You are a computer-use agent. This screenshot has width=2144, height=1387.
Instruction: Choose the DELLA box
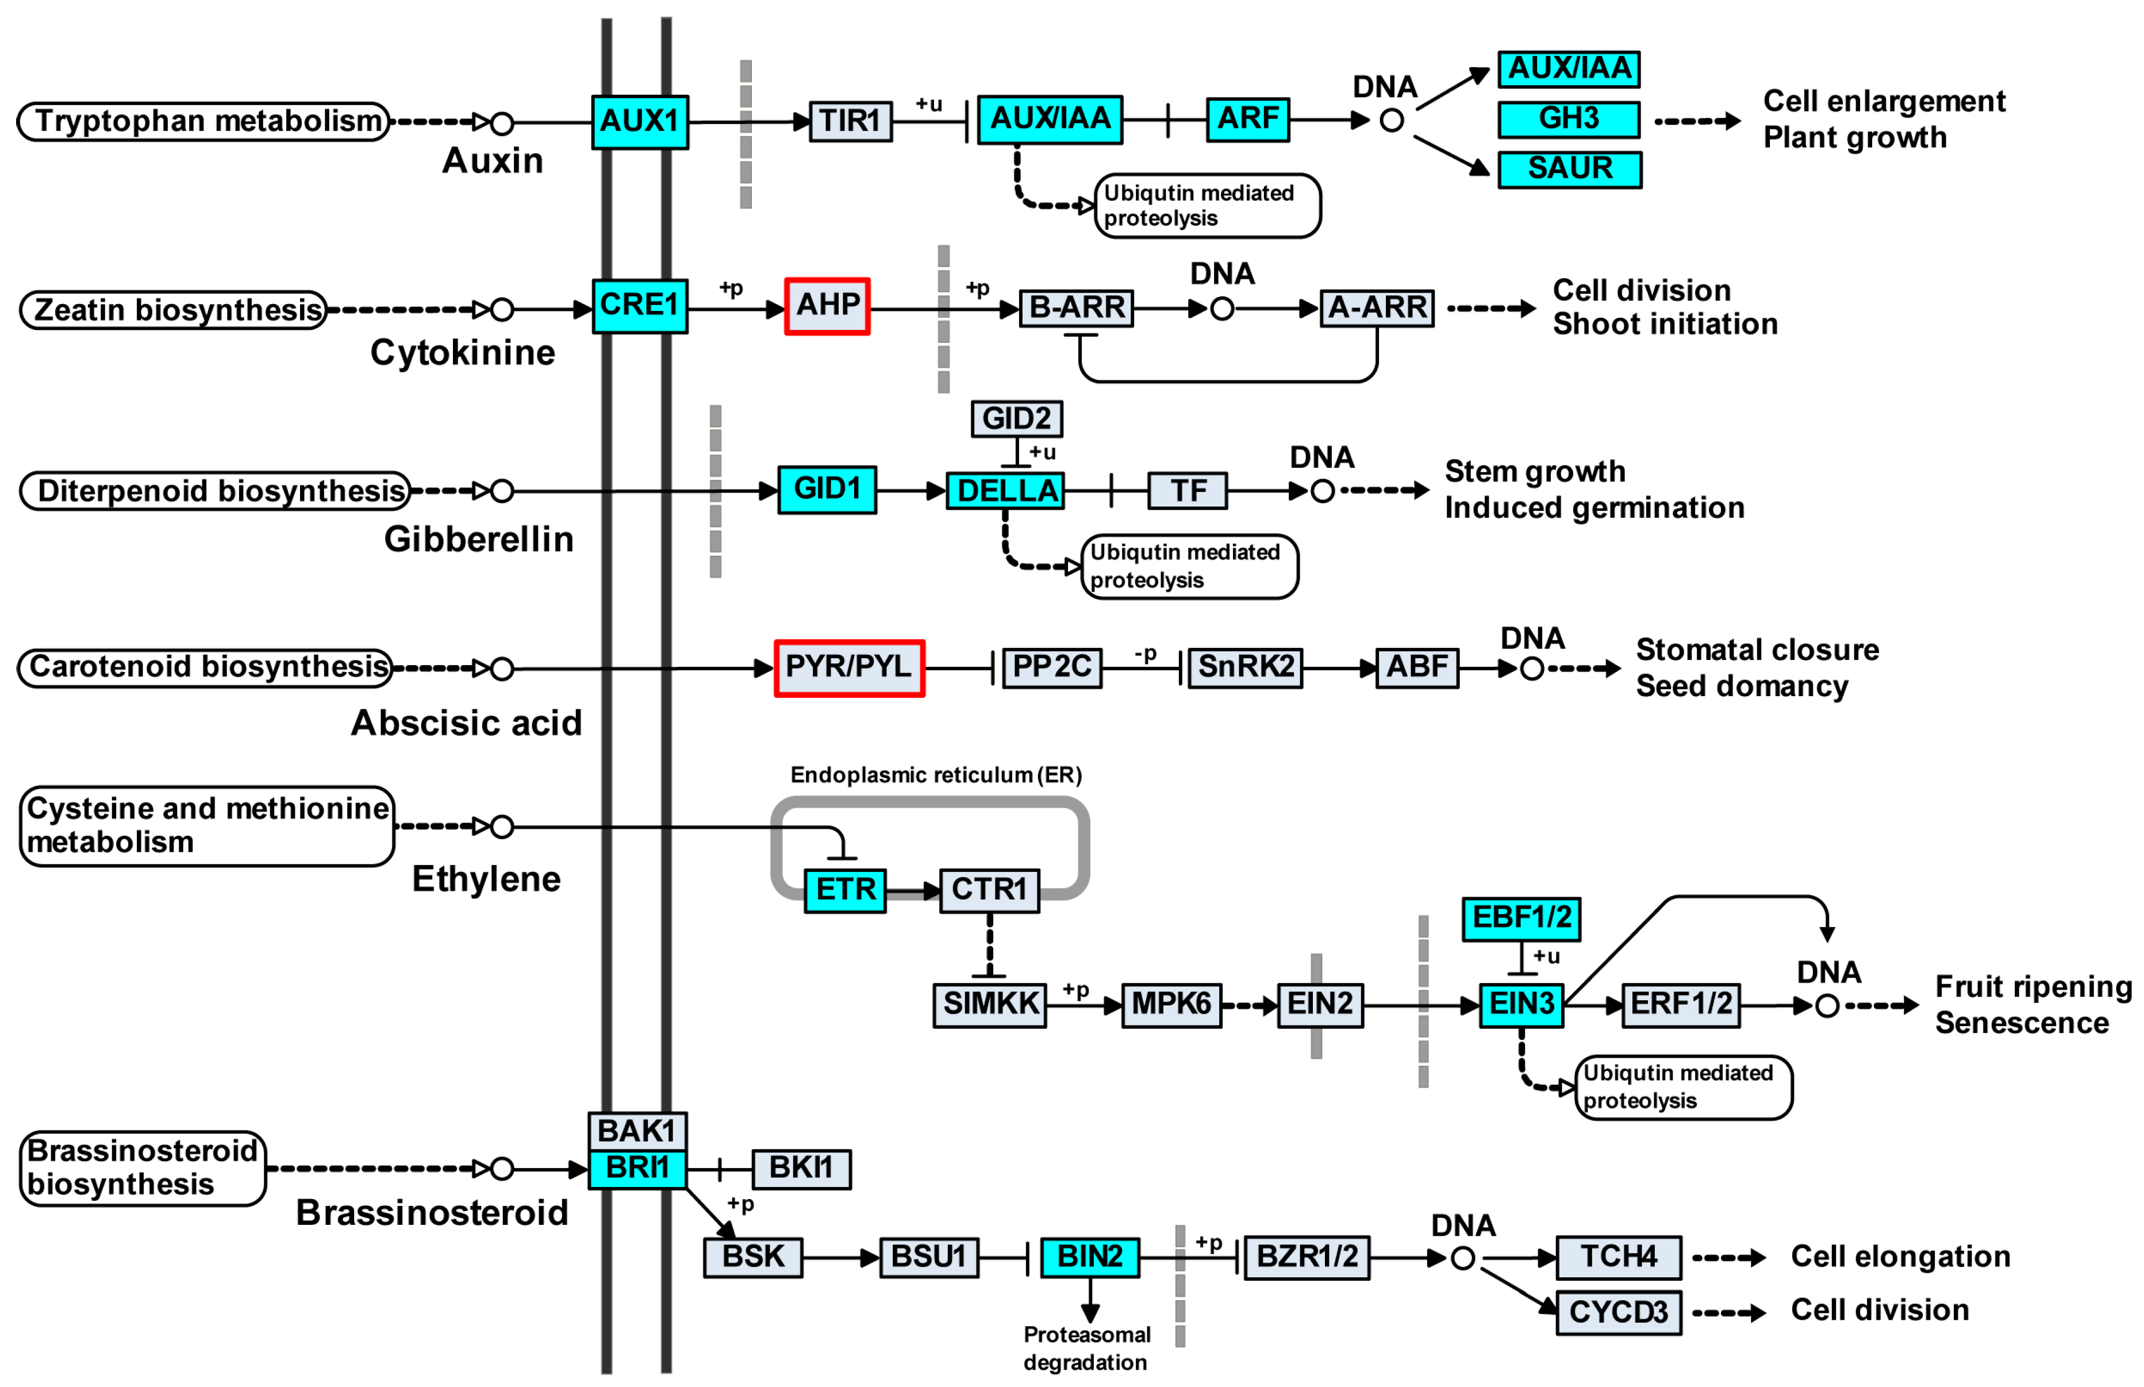coord(1005,491)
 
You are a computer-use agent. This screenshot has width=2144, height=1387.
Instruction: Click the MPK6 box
coord(1171,1004)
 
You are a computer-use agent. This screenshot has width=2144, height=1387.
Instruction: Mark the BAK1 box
coord(637,1131)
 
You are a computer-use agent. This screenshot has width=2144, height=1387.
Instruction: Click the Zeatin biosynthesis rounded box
coord(174,310)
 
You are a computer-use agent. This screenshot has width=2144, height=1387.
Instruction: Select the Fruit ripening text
coord(2032,987)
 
